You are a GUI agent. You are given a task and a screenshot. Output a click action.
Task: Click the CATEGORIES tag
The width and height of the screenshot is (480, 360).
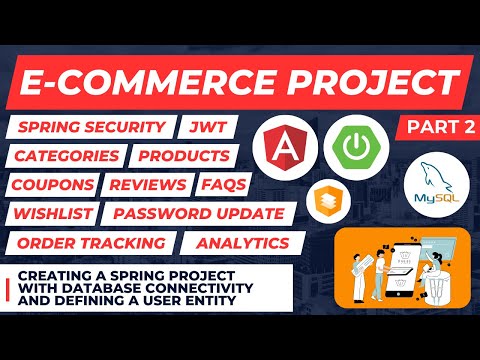click(66, 156)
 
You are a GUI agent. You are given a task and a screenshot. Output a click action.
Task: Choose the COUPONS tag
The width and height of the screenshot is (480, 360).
click(54, 185)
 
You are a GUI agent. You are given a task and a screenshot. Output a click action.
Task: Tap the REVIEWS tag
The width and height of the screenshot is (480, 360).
click(146, 185)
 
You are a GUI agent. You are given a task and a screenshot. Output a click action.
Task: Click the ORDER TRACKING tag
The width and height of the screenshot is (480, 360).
click(89, 243)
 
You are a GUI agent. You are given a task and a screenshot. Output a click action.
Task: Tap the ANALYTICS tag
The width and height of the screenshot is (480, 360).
click(243, 243)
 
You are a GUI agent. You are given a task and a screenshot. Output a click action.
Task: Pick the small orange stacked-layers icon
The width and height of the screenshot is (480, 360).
click(295, 196)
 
